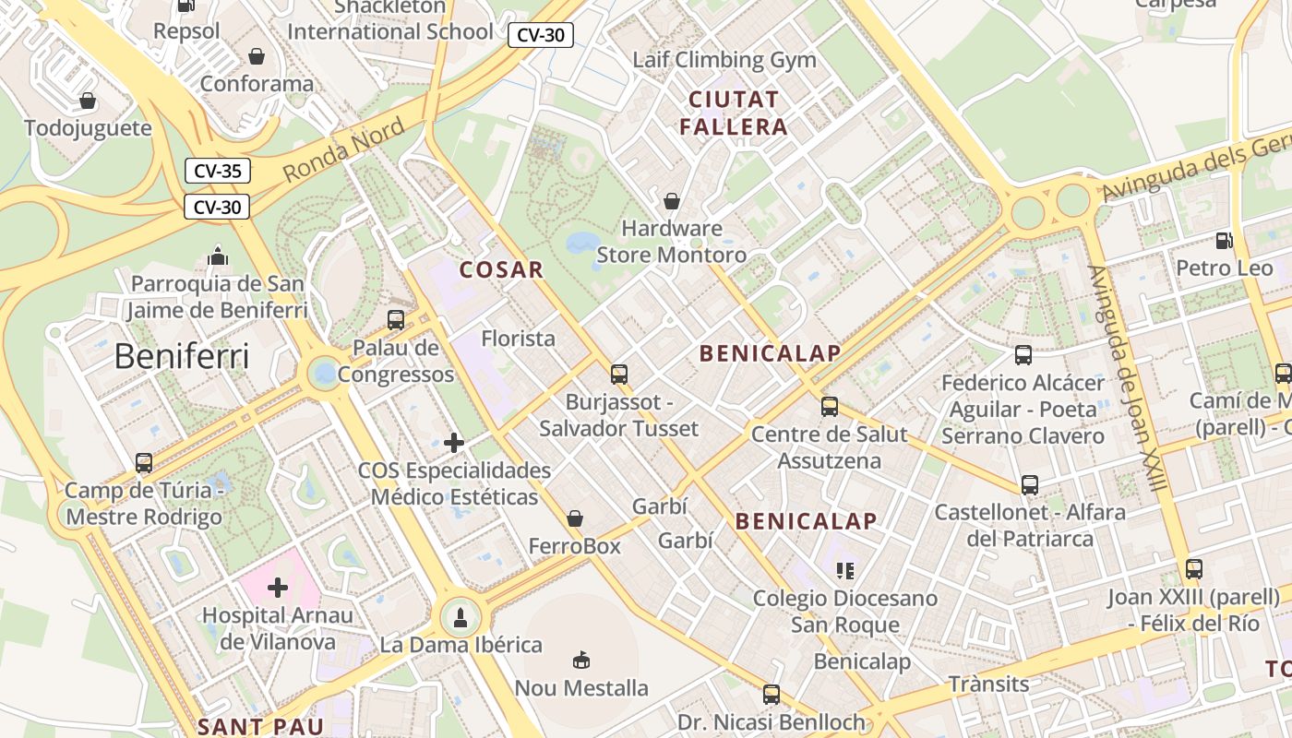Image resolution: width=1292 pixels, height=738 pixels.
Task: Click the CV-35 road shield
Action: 217,171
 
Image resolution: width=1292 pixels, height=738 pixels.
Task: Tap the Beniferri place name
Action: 182,356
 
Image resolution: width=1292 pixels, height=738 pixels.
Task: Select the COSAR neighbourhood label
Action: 501,269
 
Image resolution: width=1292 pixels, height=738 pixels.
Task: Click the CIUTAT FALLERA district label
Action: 734,113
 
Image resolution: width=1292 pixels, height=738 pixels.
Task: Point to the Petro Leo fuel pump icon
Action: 1225,241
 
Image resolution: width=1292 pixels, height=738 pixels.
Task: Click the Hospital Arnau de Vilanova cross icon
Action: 278,587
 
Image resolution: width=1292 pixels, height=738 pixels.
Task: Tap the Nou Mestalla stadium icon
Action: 581,660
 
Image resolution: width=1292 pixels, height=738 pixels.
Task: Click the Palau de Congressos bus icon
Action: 396,320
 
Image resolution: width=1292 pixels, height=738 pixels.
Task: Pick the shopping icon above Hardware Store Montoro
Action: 672,200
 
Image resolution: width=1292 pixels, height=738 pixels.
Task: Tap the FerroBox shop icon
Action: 575,518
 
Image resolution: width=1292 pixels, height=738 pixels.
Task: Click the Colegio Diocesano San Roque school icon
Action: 844,571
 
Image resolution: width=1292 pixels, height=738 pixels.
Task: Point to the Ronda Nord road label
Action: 343,150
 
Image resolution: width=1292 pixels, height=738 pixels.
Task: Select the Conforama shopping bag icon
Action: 257,56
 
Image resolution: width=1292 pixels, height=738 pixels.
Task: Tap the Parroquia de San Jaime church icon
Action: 218,256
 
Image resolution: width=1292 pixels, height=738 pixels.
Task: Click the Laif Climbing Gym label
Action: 724,60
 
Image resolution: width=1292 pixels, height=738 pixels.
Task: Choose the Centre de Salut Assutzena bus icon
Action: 830,407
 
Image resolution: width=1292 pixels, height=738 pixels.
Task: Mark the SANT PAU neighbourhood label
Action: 260,726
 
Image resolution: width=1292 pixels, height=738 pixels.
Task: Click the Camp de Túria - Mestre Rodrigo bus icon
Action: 144,463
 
